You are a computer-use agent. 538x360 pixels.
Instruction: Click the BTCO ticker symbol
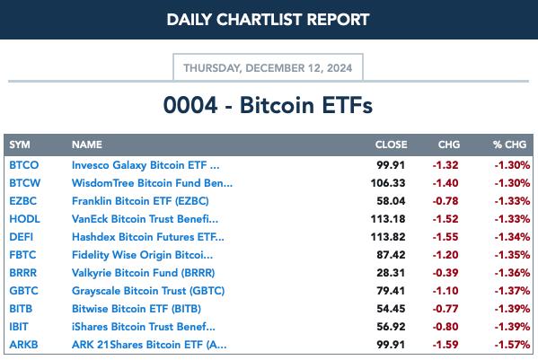[x=23, y=165]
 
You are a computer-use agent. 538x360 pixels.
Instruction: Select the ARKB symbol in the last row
[x=23, y=344]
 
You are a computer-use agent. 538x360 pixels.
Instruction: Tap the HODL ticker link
[x=24, y=219]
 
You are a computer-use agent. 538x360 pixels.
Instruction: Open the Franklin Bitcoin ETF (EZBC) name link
[x=140, y=201]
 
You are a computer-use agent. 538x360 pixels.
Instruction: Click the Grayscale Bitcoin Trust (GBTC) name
[x=148, y=291]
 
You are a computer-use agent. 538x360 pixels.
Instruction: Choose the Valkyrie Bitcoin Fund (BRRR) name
[x=143, y=273]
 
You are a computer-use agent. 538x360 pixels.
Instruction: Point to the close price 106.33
[x=388, y=183]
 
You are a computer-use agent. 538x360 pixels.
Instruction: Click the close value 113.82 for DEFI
[x=388, y=237]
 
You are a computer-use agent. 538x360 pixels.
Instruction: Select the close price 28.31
[x=391, y=273]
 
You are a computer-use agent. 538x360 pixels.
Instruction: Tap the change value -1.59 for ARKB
[x=445, y=345]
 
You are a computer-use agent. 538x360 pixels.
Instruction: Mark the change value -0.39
[x=445, y=273]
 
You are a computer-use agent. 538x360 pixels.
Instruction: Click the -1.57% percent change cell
[x=512, y=345]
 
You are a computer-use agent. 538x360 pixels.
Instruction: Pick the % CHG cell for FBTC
[x=512, y=255]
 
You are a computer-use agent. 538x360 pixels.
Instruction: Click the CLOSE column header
[x=391, y=145]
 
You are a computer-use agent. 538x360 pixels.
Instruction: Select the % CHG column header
[x=509, y=145]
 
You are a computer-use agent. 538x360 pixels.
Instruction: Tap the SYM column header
[x=20, y=145]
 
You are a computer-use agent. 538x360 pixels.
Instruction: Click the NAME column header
[x=87, y=145]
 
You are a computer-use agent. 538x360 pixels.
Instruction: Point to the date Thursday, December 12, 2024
[x=268, y=68]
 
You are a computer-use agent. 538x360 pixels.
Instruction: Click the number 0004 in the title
[x=190, y=105]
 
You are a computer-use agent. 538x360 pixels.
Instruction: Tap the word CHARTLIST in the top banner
[x=261, y=20]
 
